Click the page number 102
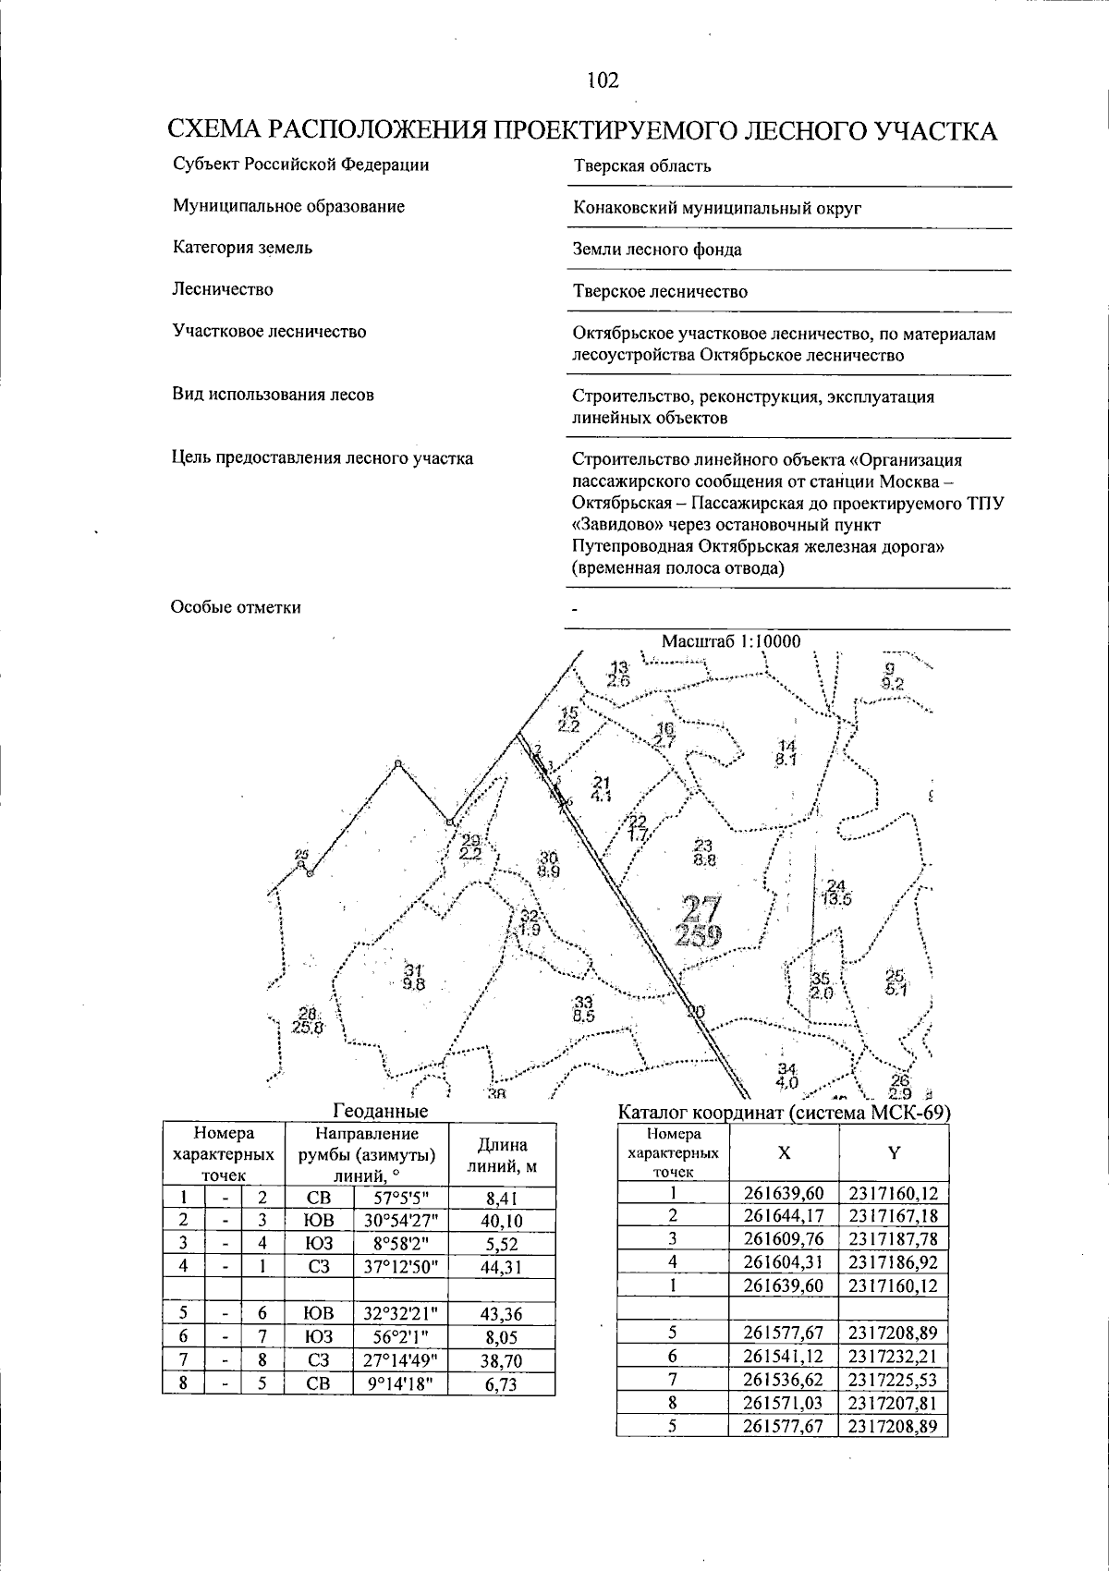602,80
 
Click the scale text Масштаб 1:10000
731,641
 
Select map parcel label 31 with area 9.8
413,977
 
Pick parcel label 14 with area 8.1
786,753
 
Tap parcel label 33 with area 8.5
583,1009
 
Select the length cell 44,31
502,1268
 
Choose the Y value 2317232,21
894,1357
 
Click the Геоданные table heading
380,1111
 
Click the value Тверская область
642,166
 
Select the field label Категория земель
242,248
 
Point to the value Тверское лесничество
660,292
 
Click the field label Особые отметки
236,607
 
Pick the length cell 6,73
502,1383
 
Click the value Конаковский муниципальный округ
717,208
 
